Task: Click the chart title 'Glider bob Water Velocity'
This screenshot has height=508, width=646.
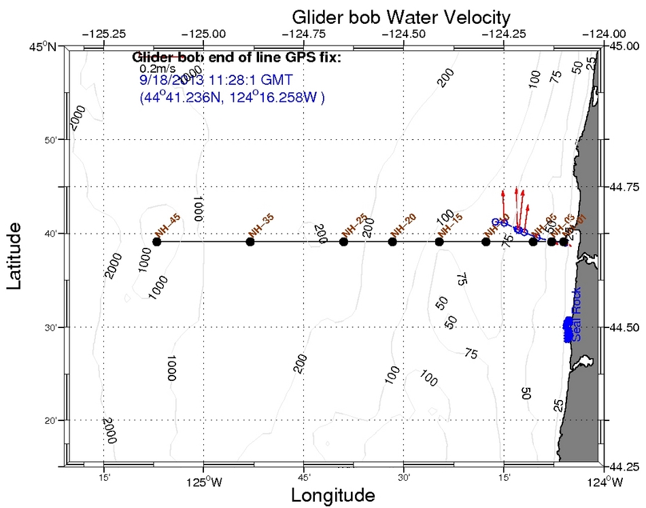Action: pyautogui.click(x=401, y=16)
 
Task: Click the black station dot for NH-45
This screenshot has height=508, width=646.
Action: pyautogui.click(x=157, y=242)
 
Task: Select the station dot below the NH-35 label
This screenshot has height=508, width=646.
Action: pyautogui.click(x=250, y=242)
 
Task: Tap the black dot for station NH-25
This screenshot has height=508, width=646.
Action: pyautogui.click(x=343, y=242)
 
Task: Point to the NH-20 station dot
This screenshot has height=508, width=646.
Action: pyautogui.click(x=392, y=242)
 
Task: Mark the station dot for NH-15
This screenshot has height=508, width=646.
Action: pyautogui.click(x=439, y=242)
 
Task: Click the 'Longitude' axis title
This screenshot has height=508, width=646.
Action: pyautogui.click(x=333, y=495)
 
